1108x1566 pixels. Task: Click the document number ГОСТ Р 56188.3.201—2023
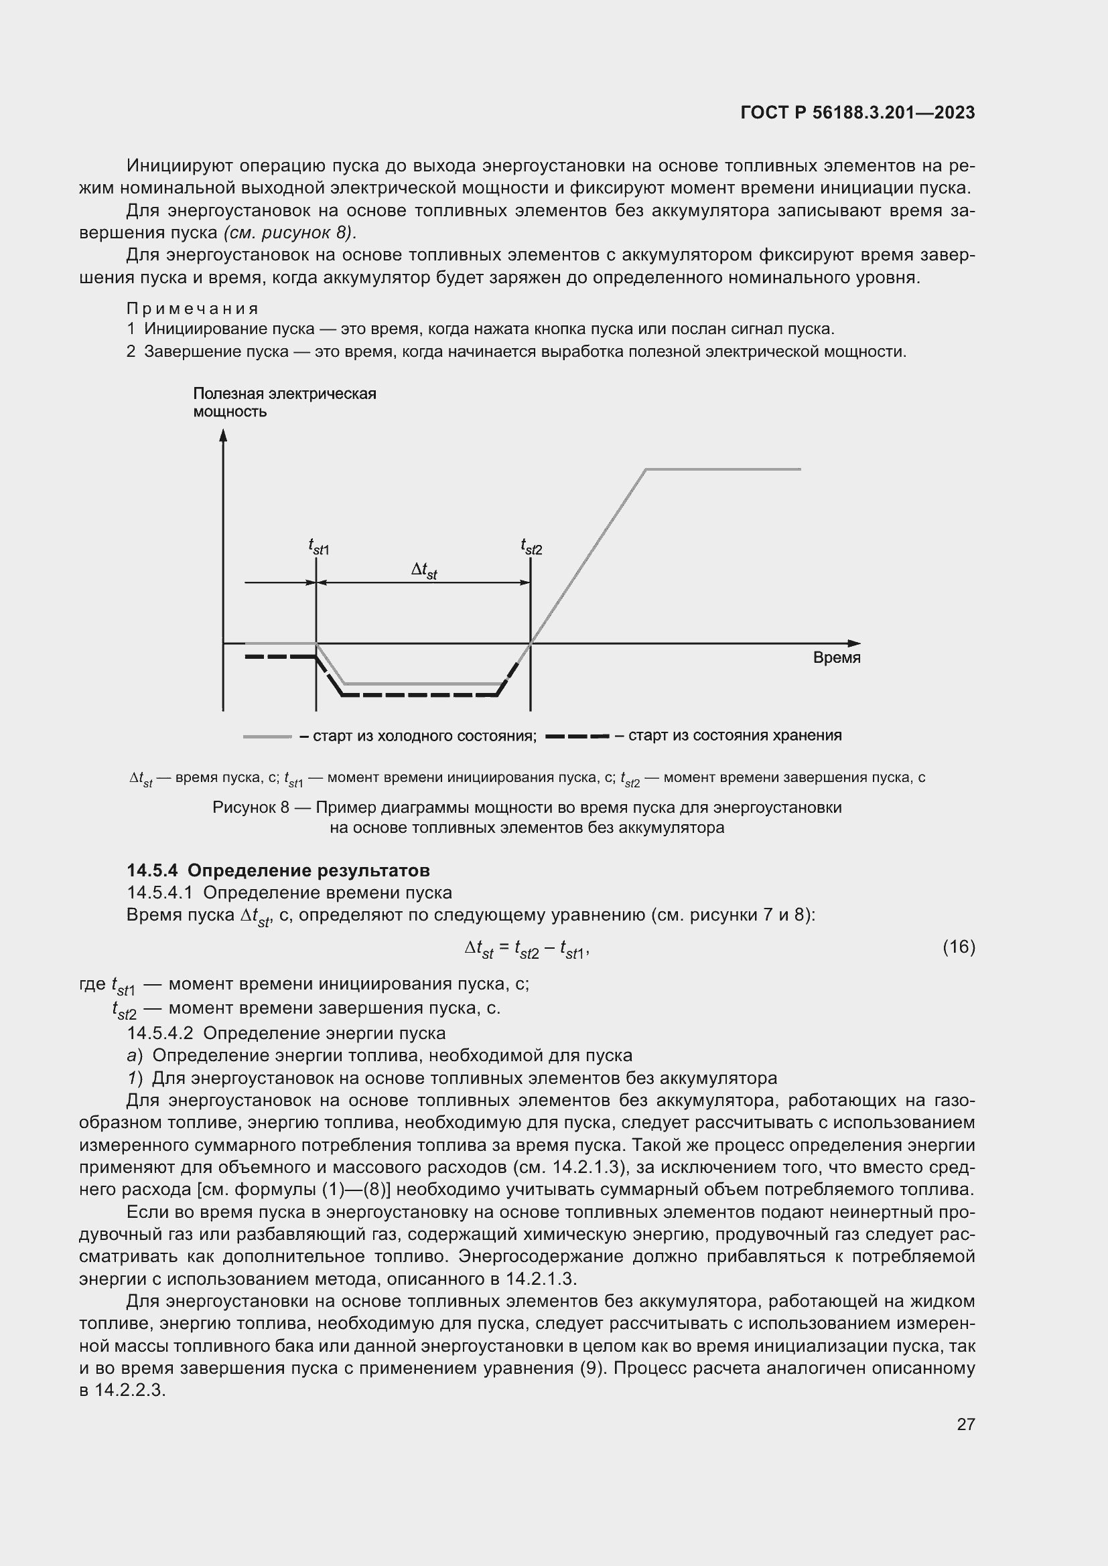857,113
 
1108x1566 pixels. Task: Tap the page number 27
965,1424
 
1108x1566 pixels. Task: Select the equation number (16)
959,947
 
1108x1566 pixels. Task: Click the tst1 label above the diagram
319,547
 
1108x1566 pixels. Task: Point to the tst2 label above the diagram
531,547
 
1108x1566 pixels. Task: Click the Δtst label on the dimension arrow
423,570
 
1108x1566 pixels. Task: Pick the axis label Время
837,657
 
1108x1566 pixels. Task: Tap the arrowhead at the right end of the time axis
854,643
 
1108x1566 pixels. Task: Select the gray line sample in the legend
267,736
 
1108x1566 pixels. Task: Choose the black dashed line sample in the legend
577,736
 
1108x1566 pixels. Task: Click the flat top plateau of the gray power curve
723,469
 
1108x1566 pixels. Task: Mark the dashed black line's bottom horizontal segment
419,695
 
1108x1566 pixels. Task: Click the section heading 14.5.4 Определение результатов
279,870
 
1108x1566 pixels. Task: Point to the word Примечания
193,309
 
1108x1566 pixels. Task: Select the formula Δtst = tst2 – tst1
526,948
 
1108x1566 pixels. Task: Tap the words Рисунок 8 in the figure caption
251,807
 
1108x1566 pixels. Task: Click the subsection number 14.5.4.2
161,1033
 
